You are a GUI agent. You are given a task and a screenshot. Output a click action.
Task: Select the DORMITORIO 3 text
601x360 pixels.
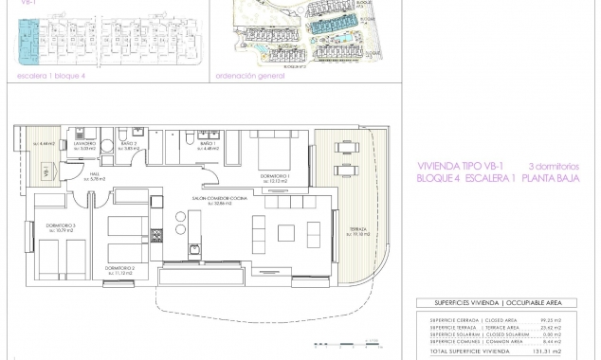coord(46,226)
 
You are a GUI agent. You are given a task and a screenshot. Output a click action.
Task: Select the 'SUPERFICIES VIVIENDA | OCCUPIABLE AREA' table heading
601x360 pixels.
coord(492,303)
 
